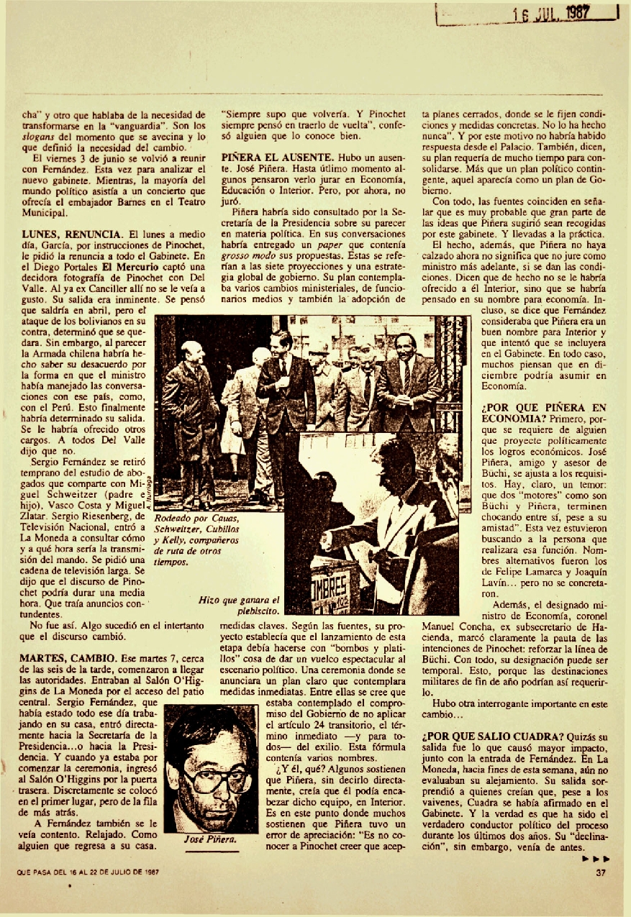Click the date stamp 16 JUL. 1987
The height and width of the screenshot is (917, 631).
click(550, 12)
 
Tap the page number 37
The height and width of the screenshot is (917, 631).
click(602, 873)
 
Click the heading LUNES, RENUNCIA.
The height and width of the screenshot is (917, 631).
click(71, 234)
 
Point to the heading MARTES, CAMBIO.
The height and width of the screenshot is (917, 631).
click(65, 658)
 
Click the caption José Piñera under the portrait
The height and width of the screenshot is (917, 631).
click(211, 839)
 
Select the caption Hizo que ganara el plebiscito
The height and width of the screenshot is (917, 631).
click(240, 605)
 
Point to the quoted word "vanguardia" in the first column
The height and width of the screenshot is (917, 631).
click(147, 127)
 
